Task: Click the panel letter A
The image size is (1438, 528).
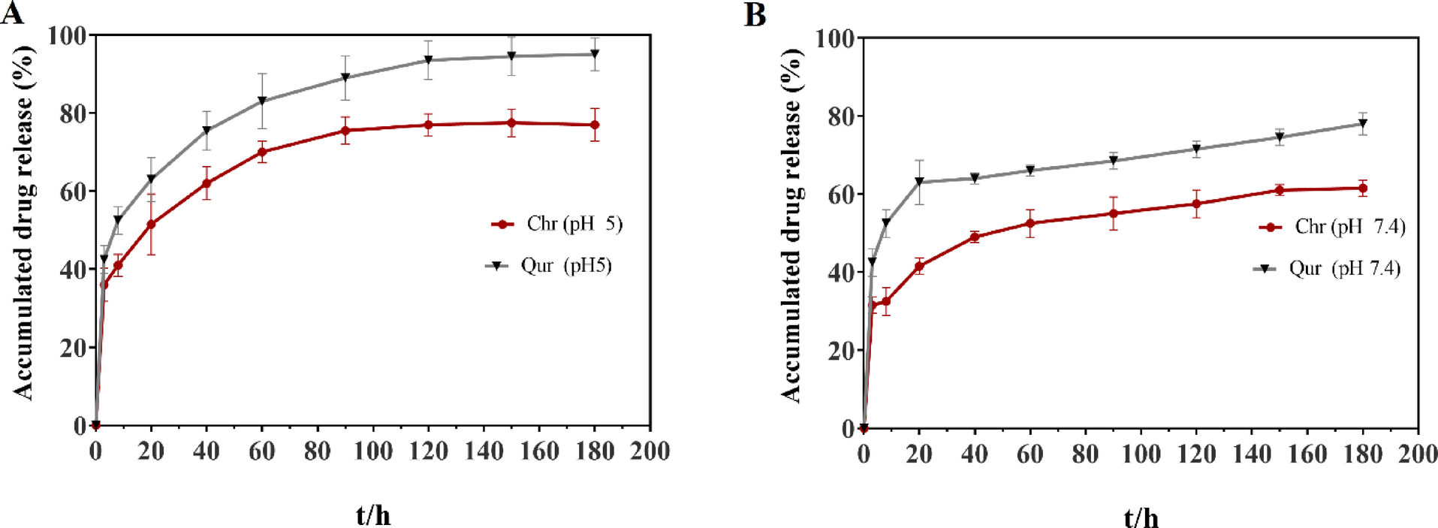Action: click(12, 13)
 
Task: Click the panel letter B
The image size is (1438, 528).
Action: click(755, 15)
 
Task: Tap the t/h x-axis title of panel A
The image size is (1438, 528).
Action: click(373, 515)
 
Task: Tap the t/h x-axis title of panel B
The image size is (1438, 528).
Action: click(1141, 517)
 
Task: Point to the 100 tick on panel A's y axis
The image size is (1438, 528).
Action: click(66, 35)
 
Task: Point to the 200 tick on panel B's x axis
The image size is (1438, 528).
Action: click(1418, 454)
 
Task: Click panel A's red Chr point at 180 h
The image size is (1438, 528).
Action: click(595, 125)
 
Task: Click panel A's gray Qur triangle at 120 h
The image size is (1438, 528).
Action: click(428, 60)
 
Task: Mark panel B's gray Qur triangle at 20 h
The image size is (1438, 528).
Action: click(919, 182)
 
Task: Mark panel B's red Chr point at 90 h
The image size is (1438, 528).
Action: click(1113, 213)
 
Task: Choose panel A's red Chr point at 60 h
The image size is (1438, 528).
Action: click(262, 152)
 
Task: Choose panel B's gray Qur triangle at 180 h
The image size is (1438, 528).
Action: click(1363, 123)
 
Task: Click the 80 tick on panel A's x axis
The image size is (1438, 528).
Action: click(317, 451)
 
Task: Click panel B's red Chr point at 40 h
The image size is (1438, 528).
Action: click(975, 237)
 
